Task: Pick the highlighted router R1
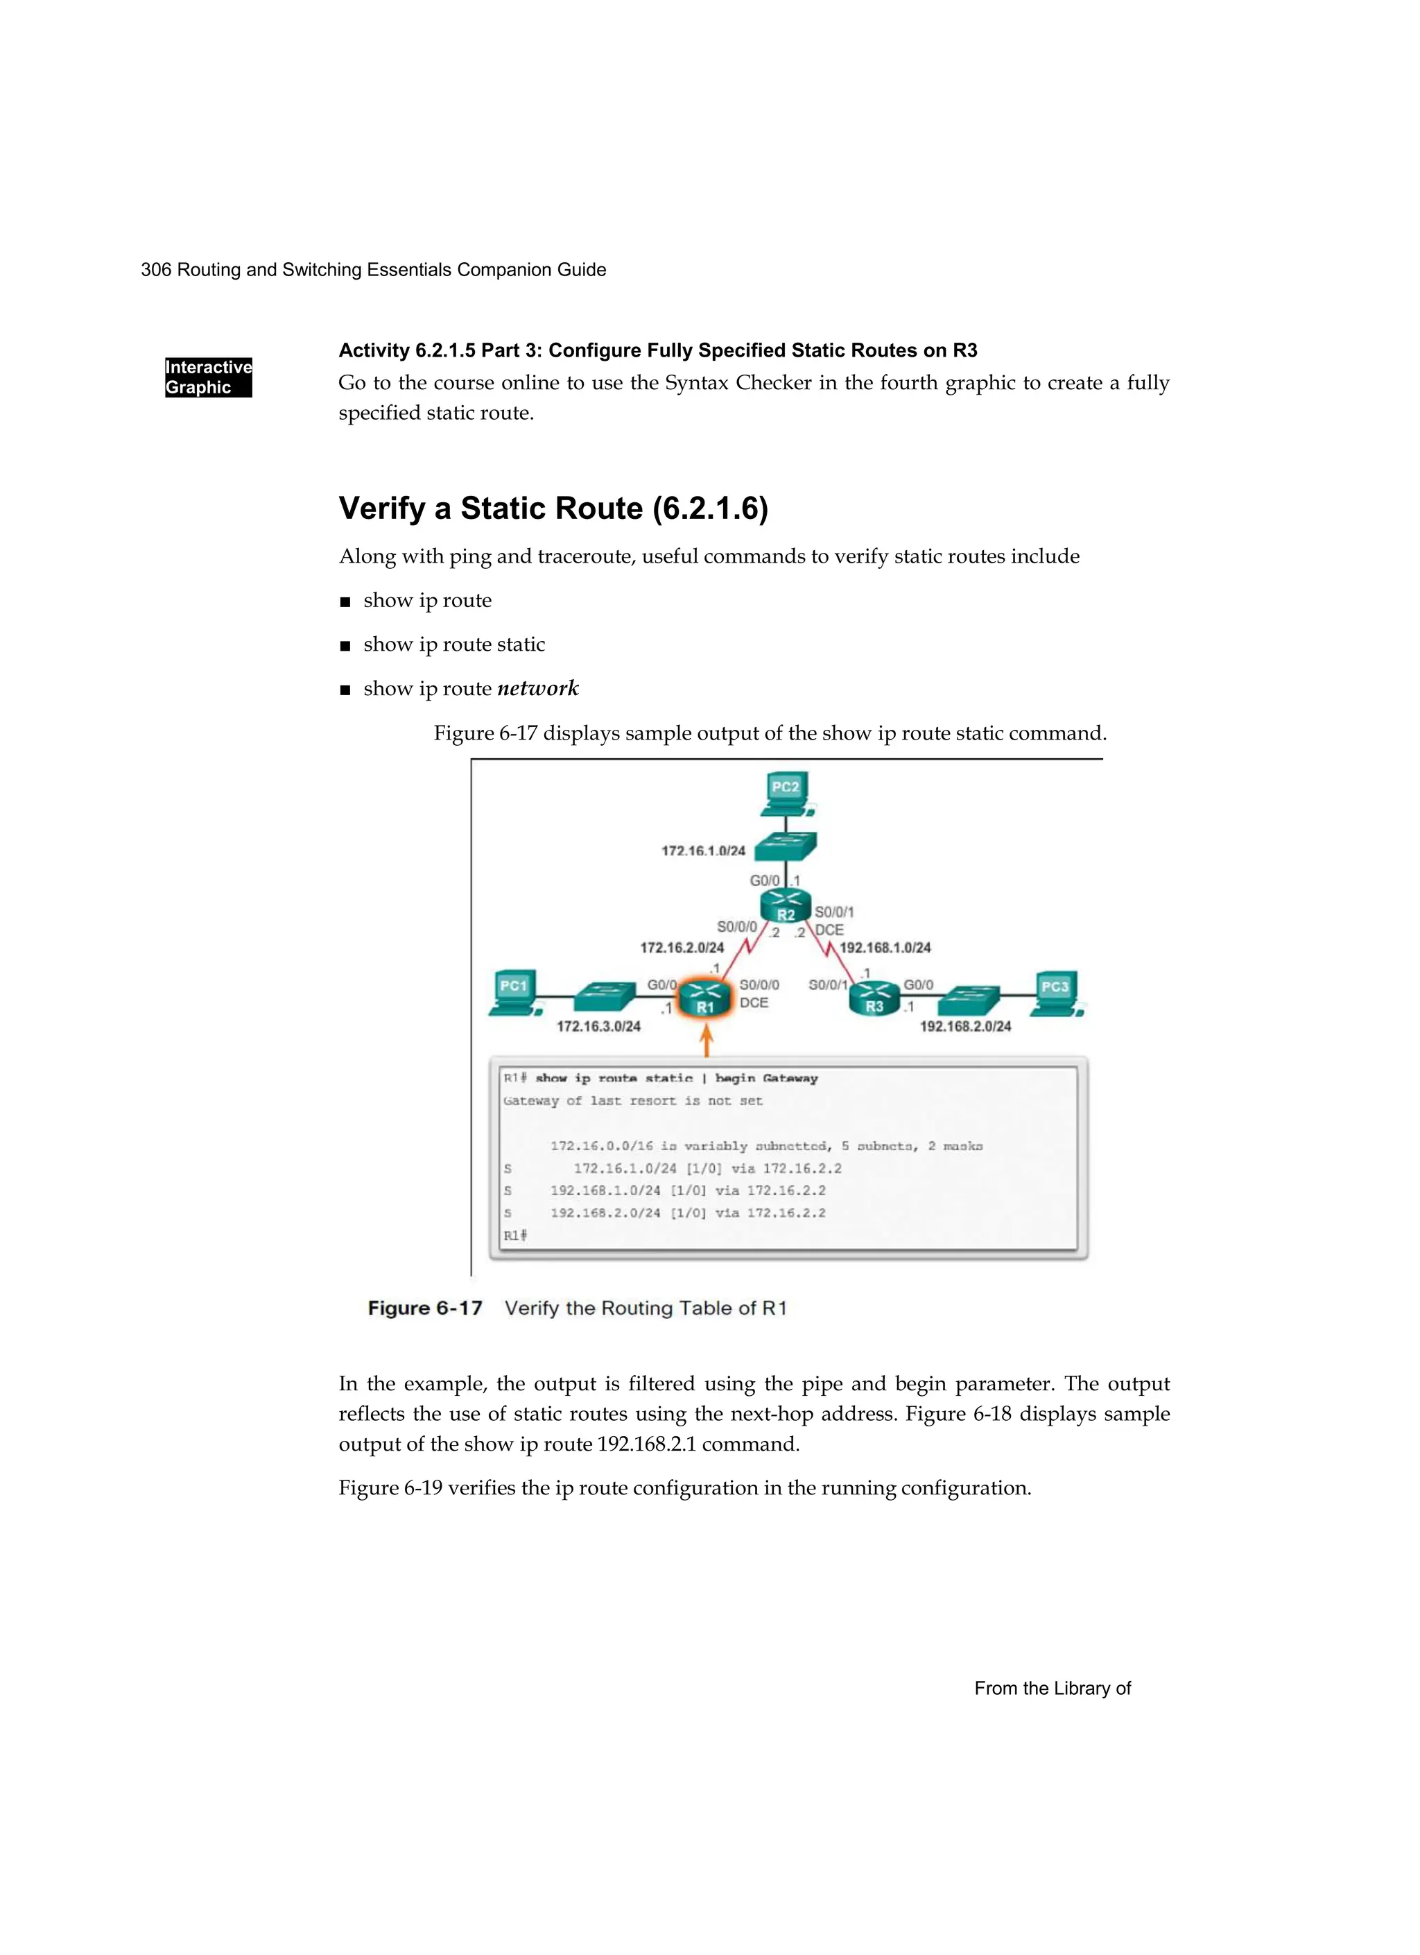point(705,998)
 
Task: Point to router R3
point(874,998)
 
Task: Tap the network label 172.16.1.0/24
point(703,851)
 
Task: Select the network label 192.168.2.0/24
point(965,1027)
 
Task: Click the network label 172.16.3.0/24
point(598,1027)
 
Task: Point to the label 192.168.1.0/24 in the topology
point(885,948)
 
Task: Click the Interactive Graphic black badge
point(209,377)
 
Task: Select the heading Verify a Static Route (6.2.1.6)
point(553,509)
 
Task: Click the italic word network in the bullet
point(537,689)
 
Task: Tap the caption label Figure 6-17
point(425,1308)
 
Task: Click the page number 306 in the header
point(155,270)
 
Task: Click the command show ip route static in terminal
point(614,1078)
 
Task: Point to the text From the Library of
point(1052,1689)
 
